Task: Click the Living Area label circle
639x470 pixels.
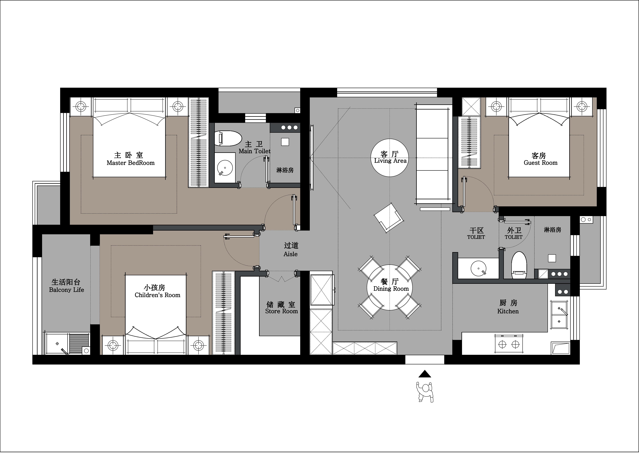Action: (390, 158)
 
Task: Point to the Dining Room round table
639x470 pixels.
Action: (390, 287)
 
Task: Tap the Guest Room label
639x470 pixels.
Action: (540, 163)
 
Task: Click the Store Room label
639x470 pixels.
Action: (281, 311)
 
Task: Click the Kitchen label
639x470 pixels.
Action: (508, 311)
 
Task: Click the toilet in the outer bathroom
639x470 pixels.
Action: (519, 265)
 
